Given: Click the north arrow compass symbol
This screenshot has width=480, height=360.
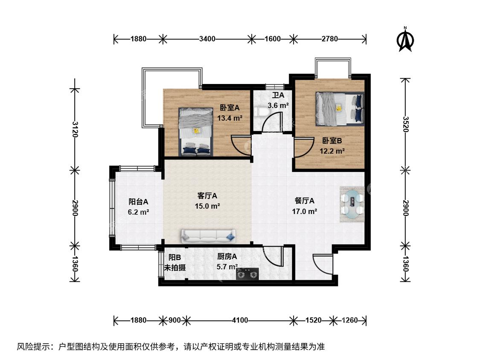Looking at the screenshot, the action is point(405,39).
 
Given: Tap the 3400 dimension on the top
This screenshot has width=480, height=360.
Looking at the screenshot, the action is point(207,39).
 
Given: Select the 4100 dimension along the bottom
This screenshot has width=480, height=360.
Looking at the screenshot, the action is point(240,320).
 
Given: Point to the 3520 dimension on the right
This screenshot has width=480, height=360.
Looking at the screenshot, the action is point(406,124).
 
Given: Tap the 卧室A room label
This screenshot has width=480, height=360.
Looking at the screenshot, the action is point(230,108).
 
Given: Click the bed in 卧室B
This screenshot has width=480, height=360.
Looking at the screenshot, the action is point(340,109).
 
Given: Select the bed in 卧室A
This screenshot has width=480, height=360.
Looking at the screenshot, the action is point(196,132).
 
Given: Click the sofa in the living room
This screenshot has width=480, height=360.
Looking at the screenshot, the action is point(209,236).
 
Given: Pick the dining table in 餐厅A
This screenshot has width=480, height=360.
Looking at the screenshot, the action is point(352,203).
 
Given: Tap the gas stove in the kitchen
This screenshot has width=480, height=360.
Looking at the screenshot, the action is point(247,274).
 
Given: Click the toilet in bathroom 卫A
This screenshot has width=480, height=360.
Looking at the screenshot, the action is point(261,112).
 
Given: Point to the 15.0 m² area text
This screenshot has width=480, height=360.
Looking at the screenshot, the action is point(207,206).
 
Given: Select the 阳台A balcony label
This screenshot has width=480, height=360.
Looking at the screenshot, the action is point(138,202).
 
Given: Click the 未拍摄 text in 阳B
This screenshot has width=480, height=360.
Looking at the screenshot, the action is point(175,267).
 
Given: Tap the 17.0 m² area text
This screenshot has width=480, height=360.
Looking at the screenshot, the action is point(304,211).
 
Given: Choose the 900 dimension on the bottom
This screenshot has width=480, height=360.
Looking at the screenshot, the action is point(175,320).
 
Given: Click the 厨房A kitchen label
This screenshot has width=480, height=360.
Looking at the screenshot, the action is point(227,256).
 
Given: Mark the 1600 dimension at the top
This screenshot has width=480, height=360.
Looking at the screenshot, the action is point(273,39).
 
